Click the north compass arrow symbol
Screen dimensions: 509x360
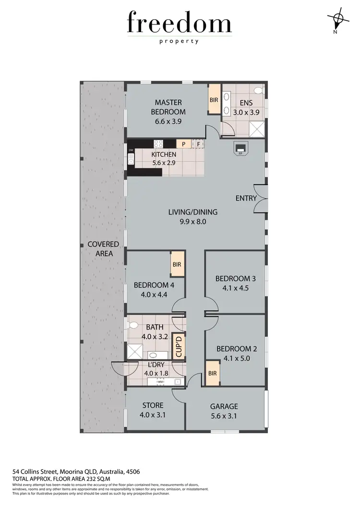(338, 20)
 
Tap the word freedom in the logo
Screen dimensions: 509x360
(179, 24)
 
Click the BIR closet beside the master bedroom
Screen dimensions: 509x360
(214, 99)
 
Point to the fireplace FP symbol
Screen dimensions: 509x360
(240, 149)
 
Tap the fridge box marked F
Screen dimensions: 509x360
(198, 143)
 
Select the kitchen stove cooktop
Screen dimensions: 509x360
(159, 143)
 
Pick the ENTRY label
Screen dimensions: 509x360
(246, 198)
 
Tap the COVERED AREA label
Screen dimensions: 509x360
(103, 249)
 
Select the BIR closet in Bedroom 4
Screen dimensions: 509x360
(177, 264)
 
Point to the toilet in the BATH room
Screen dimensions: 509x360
(133, 325)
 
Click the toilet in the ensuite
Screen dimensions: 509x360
(258, 90)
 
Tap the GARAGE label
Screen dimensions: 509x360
(224, 406)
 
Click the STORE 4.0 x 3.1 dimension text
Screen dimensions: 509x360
(152, 415)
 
